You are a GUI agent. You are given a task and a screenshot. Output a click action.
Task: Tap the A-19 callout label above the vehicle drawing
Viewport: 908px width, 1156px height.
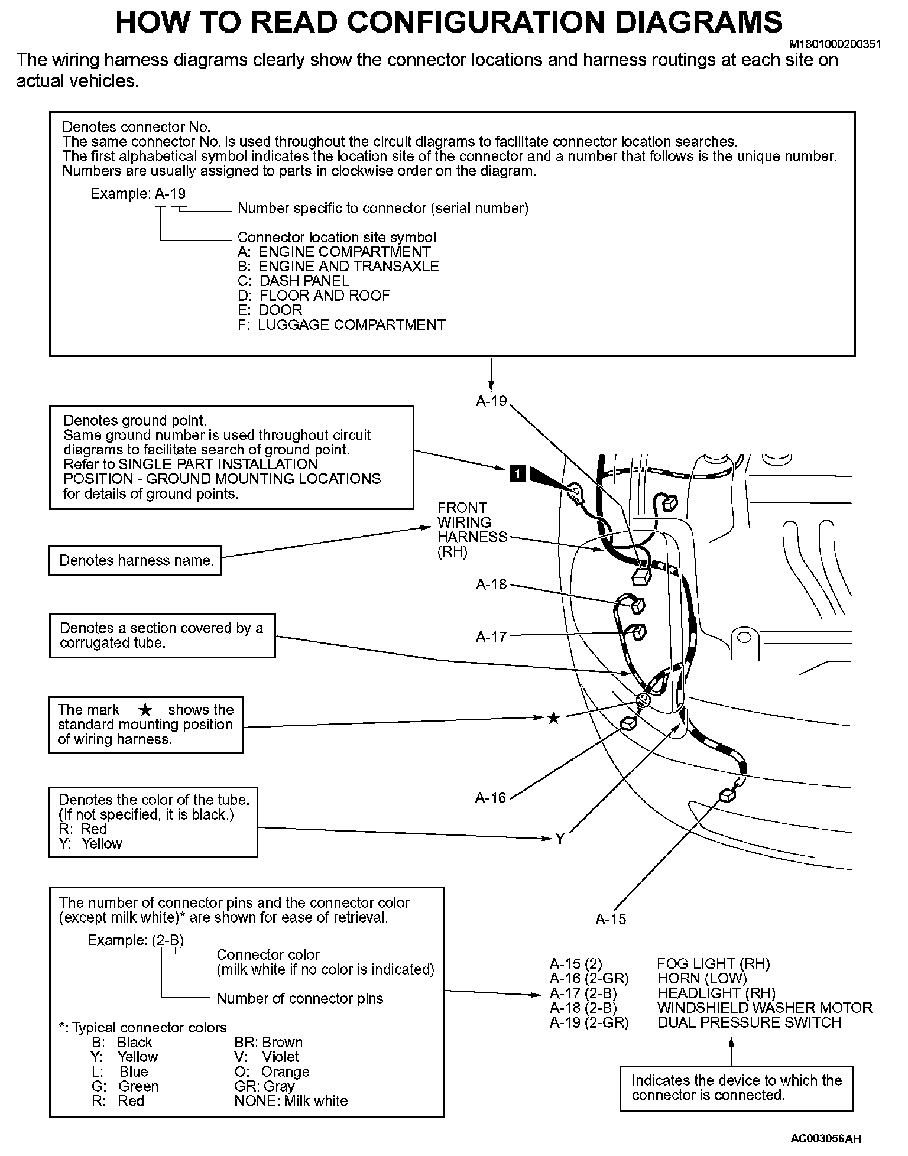tap(491, 401)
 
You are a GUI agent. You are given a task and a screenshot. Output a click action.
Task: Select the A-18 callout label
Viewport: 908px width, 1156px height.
tap(491, 585)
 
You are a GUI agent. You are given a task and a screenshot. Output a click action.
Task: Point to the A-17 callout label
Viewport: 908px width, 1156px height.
tap(491, 637)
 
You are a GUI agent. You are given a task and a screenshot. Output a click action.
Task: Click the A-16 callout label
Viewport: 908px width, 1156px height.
tap(491, 798)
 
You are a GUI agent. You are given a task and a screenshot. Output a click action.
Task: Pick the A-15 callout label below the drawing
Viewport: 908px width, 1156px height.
tap(611, 919)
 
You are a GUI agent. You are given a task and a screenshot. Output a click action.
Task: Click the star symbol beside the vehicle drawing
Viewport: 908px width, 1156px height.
tap(553, 718)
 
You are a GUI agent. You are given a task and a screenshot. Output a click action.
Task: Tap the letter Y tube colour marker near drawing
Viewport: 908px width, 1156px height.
tap(559, 839)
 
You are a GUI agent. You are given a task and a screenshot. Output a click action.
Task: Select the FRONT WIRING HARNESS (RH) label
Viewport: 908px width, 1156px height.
tap(472, 530)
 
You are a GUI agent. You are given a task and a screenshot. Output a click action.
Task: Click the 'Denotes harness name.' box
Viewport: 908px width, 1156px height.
tap(135, 560)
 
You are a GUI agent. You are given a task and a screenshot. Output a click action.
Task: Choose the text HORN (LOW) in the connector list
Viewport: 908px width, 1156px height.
tap(702, 979)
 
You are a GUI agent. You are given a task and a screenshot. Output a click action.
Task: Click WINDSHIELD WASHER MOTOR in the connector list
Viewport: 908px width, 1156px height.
tap(764, 1008)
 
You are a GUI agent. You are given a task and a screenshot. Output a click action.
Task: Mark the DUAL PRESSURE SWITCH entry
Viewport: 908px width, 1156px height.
tap(749, 1022)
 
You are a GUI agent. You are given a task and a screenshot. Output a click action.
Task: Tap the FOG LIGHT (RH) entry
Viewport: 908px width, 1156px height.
tap(714, 964)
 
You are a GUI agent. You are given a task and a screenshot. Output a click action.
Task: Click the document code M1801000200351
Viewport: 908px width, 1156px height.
tap(835, 44)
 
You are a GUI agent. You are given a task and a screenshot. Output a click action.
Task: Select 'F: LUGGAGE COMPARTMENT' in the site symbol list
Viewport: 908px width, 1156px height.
tap(342, 324)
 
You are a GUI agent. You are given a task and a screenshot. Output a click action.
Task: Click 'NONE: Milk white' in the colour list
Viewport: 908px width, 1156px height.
tap(291, 1101)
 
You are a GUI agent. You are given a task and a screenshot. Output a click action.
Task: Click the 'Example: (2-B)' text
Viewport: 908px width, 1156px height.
tap(131, 940)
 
